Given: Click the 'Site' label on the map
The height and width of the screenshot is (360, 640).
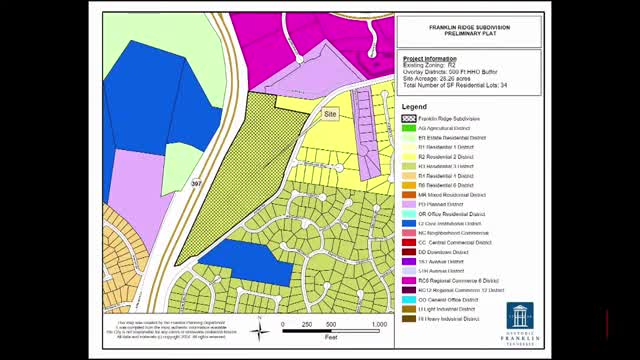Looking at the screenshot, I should [330, 115].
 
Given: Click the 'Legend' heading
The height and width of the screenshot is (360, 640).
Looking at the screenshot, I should [414, 106].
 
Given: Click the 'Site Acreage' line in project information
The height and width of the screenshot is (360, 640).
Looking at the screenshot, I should [441, 79].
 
